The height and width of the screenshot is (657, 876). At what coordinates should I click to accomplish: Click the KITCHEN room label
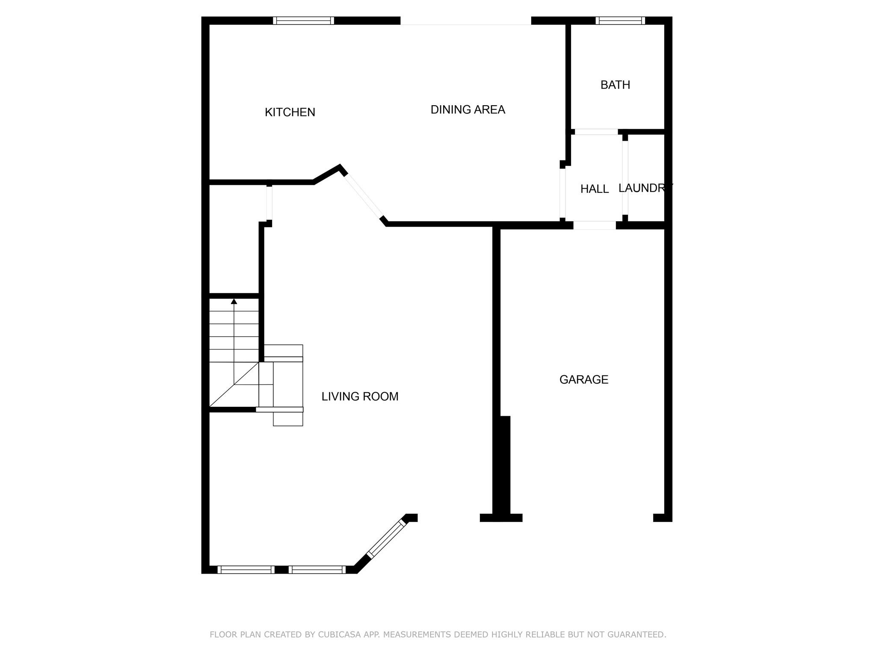[290, 112]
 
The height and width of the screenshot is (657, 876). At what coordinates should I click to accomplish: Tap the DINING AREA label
[468, 110]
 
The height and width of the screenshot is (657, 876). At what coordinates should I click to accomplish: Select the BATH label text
[615, 85]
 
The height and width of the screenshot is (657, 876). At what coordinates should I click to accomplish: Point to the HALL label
[594, 189]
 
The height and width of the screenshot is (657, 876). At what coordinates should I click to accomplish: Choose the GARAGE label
[583, 379]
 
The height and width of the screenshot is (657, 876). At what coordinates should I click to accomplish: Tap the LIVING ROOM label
[360, 397]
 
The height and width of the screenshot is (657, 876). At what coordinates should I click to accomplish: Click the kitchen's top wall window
[303, 21]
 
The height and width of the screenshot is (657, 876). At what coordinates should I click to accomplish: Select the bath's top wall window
[620, 21]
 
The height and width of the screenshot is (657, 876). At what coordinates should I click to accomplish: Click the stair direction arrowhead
[234, 302]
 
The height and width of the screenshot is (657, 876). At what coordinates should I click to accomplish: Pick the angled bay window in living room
[386, 538]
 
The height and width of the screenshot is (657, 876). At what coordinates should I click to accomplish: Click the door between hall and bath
[596, 132]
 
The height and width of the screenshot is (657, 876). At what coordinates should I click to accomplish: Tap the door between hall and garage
[594, 225]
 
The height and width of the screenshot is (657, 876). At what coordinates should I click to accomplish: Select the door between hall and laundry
[625, 177]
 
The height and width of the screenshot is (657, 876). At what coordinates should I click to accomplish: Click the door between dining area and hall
[562, 193]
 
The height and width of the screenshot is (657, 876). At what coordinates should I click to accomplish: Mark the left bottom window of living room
[246, 569]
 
